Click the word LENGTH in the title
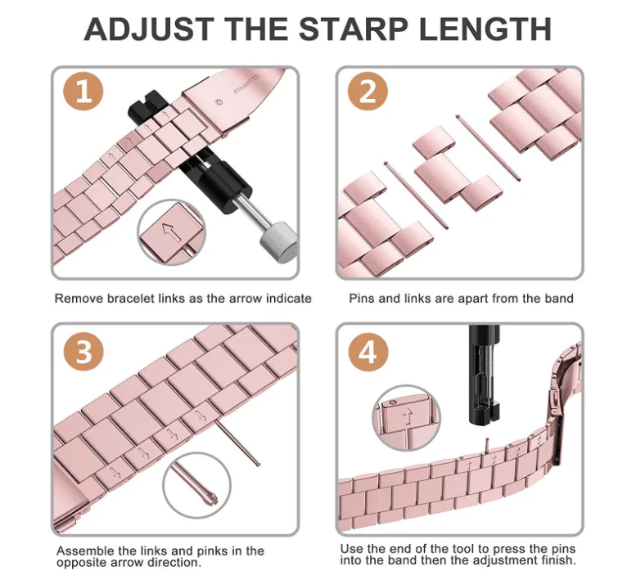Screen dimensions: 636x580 485,29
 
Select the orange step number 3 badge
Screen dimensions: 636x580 83,352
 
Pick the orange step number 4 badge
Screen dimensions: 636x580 368,352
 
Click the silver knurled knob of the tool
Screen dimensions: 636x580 278,241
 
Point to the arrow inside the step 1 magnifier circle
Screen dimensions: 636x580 172,232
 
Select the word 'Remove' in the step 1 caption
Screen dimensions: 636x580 79,299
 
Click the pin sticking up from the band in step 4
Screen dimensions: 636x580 487,445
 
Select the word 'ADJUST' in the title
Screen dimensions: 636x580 148,29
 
